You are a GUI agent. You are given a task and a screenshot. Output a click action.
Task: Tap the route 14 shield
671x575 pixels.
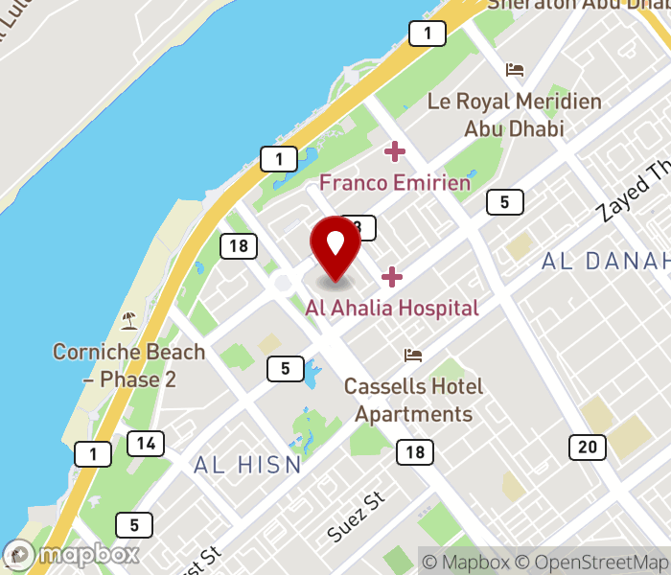(146, 444)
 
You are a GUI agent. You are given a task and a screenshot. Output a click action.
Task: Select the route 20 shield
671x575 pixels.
(587, 447)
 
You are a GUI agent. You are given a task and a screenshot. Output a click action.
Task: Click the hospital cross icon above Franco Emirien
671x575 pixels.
(394, 151)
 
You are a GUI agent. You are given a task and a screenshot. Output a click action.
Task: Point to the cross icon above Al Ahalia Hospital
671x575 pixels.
(391, 277)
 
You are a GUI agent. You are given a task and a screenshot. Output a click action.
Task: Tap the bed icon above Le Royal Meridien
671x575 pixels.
(515, 70)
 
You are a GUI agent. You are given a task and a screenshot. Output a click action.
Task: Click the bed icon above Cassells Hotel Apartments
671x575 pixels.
(413, 356)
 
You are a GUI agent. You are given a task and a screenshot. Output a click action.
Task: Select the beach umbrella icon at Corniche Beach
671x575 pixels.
(129, 320)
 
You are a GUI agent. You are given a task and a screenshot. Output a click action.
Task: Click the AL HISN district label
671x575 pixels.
(247, 466)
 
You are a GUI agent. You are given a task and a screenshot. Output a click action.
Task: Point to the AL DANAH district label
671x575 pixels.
(604, 261)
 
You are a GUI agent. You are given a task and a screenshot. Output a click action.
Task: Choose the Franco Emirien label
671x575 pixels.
(395, 182)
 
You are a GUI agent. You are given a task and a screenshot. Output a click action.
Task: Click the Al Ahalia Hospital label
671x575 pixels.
(392, 308)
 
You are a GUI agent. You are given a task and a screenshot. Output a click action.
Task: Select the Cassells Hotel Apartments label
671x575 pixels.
(413, 401)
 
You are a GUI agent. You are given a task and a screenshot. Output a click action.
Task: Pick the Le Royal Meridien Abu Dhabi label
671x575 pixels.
(515, 114)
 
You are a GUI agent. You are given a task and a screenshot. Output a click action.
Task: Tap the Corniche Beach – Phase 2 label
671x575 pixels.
(129, 365)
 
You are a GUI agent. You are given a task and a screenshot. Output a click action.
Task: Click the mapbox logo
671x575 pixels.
(73, 554)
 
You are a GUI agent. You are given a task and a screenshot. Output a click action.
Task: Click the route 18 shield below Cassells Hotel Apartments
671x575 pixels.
(414, 452)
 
